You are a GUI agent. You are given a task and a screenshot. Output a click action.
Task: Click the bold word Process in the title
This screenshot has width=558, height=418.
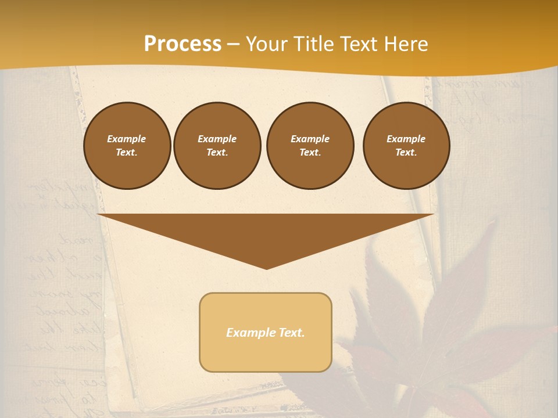pos(183,44)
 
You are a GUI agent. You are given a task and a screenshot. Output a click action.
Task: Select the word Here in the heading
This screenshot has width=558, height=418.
pos(405,44)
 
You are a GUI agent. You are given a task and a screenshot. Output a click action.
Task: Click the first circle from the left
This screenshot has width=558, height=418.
pos(127,146)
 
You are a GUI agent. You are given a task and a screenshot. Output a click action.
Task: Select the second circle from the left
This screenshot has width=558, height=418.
pos(217,146)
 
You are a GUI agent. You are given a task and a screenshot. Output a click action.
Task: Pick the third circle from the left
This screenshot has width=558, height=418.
pos(310,146)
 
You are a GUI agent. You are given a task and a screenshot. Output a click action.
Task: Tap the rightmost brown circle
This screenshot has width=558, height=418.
pos(406,146)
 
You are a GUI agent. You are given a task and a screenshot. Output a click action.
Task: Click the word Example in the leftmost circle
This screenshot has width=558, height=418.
pos(127,139)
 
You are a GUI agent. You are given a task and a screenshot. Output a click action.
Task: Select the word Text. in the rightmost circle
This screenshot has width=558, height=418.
pos(406,153)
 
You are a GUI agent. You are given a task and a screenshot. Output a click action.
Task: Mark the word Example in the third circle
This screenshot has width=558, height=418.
pos(310,139)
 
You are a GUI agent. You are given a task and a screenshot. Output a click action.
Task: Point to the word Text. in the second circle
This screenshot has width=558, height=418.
pos(217,153)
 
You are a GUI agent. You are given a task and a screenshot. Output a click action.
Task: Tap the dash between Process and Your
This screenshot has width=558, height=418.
pos(234,44)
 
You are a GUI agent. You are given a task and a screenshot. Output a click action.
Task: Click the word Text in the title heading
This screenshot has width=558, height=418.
pos(359,44)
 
